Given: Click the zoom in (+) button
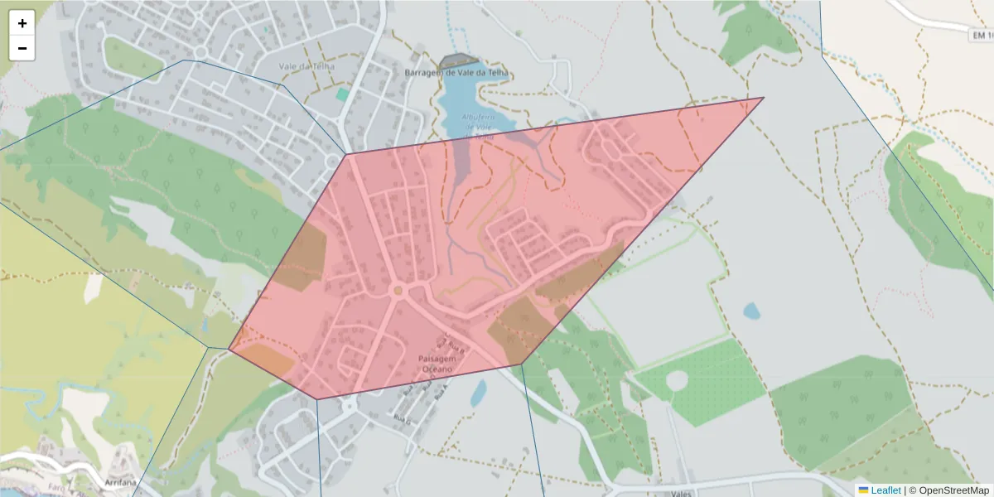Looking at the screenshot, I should click(x=22, y=23).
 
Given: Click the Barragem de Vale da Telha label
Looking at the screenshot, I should click(x=456, y=73).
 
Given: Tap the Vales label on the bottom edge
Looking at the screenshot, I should click(x=681, y=492).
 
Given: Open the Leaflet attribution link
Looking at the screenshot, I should click(x=885, y=490).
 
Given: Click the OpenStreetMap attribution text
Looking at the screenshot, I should click(x=953, y=490).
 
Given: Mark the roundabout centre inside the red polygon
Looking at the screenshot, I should click(x=398, y=290).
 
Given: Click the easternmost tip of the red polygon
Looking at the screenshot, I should click(x=763, y=98).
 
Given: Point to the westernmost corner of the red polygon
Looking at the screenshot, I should click(x=229, y=350).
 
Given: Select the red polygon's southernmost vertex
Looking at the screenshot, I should click(x=317, y=399).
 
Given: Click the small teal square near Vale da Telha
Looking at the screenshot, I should click(x=342, y=94).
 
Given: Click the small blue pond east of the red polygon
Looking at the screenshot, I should click(x=751, y=311).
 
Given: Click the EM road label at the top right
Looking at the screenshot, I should click(x=981, y=35).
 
